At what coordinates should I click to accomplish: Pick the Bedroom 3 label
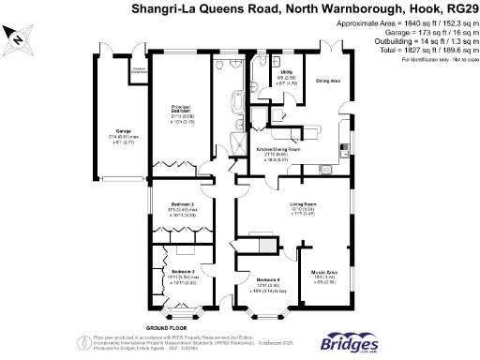click(x=181, y=274)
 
